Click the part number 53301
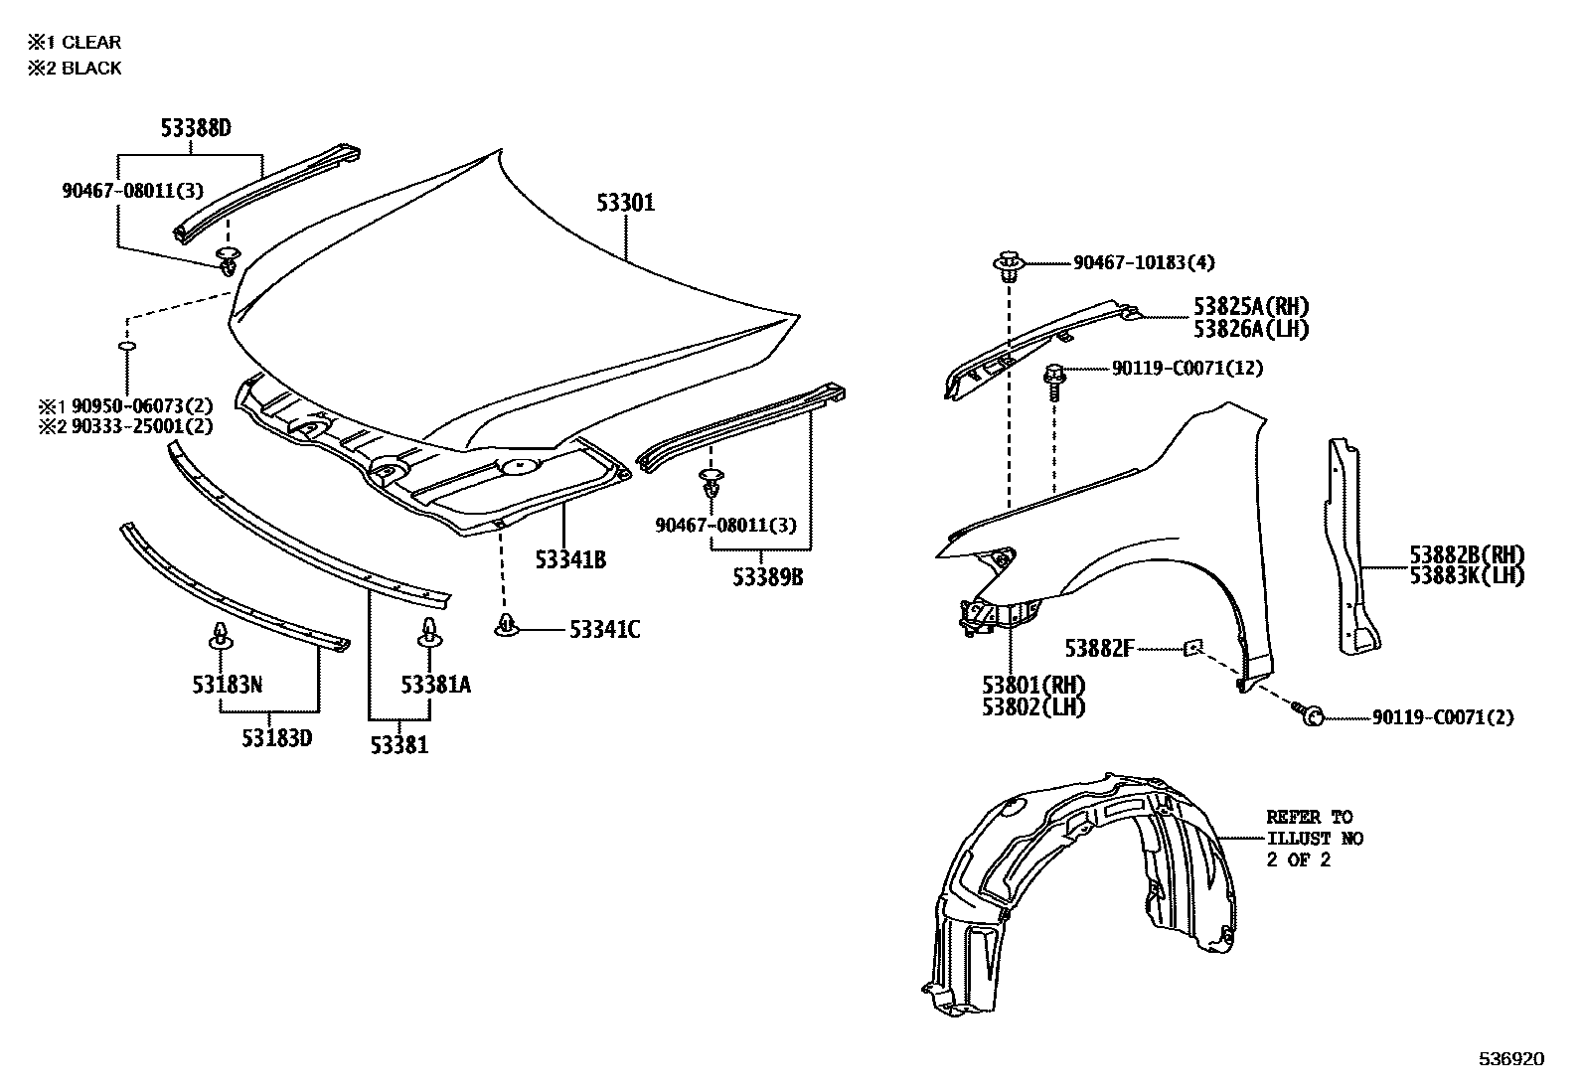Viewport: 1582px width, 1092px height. pos(625,204)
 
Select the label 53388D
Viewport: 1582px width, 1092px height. pos(196,128)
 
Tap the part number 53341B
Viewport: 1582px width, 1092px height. pos(570,560)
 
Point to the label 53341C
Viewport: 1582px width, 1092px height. pos(604,630)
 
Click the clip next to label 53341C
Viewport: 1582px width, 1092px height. pos(507,627)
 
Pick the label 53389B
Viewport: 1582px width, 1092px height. pos(768,576)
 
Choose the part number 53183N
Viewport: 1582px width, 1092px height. pos(227,685)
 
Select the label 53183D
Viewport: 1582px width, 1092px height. pos(277,738)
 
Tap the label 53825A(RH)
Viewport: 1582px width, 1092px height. pos(1251,307)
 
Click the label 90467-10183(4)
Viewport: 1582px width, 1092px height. pos(1144,263)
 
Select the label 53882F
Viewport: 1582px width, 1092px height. pos(1098,649)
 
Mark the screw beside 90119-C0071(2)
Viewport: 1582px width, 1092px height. pos(1308,712)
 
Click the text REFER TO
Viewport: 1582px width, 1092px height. pos(1309,817)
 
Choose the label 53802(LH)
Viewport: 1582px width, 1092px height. pos(1033,707)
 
